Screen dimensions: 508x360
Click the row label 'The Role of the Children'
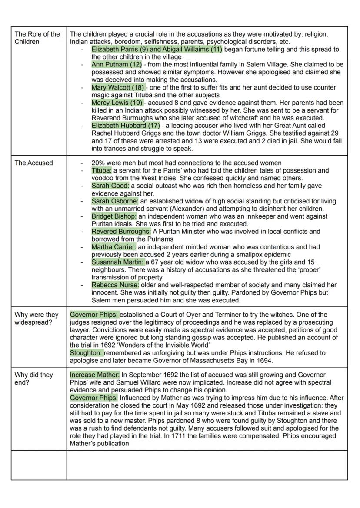pyautogui.click(x=37, y=38)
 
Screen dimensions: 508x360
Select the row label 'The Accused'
pyautogui.click(x=33, y=163)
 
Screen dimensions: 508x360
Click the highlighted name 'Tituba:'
pyautogui.click(x=101, y=171)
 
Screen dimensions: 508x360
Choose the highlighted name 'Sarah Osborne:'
pyautogui.click(x=115, y=201)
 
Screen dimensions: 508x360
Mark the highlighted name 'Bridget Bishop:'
pyautogui.click(x=114, y=216)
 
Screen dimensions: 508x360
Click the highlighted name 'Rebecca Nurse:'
pyautogui.click(x=115, y=285)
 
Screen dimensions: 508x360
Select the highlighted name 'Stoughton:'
pyautogui.click(x=87, y=353)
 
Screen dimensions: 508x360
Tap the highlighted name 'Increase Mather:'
pyautogui.click(x=94, y=375)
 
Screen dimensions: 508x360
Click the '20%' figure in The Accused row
pyautogui.click(x=98, y=163)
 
